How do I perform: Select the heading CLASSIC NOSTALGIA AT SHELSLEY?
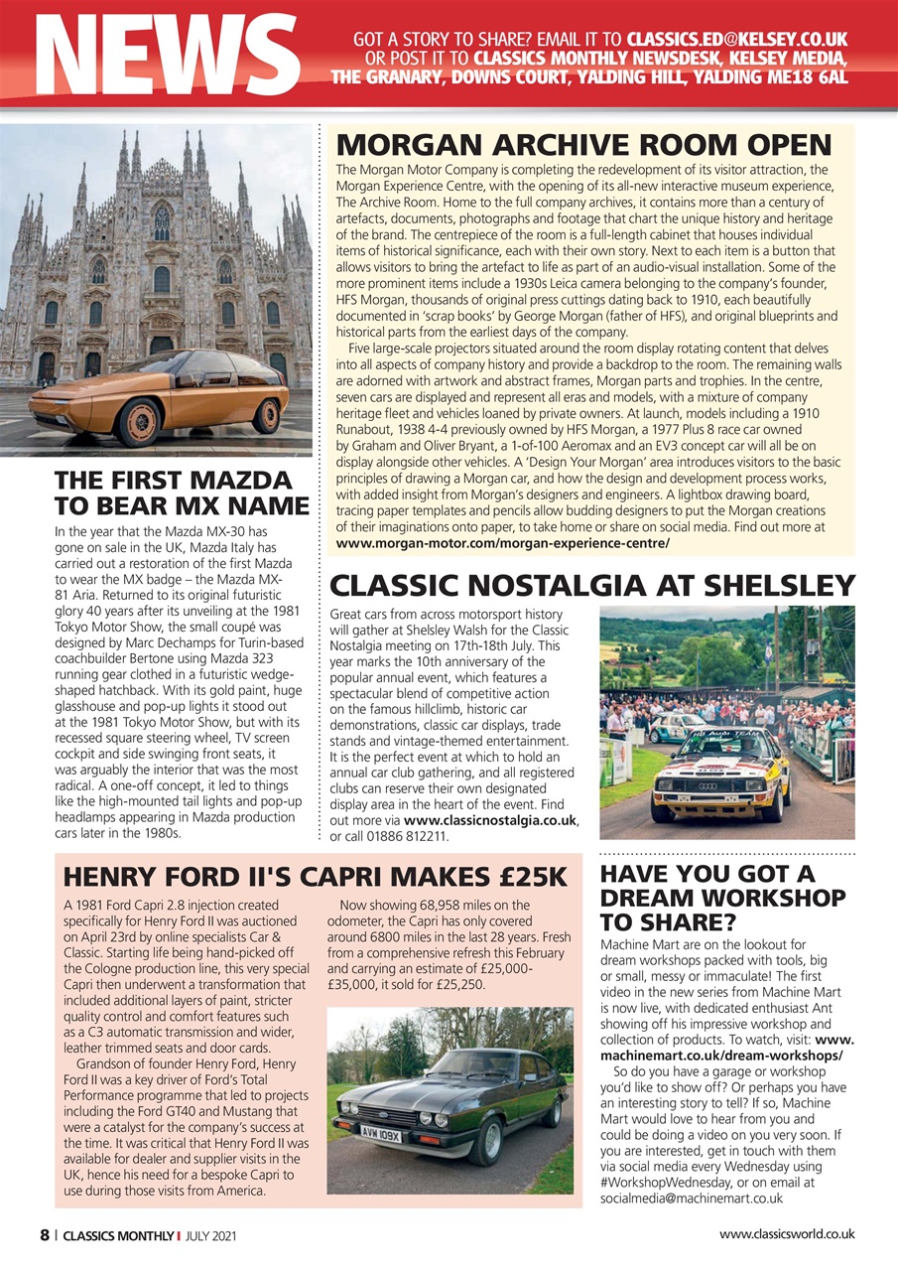coord(591,585)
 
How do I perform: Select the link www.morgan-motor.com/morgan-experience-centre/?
coord(503,544)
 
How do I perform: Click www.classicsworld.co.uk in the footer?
coord(787,1234)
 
